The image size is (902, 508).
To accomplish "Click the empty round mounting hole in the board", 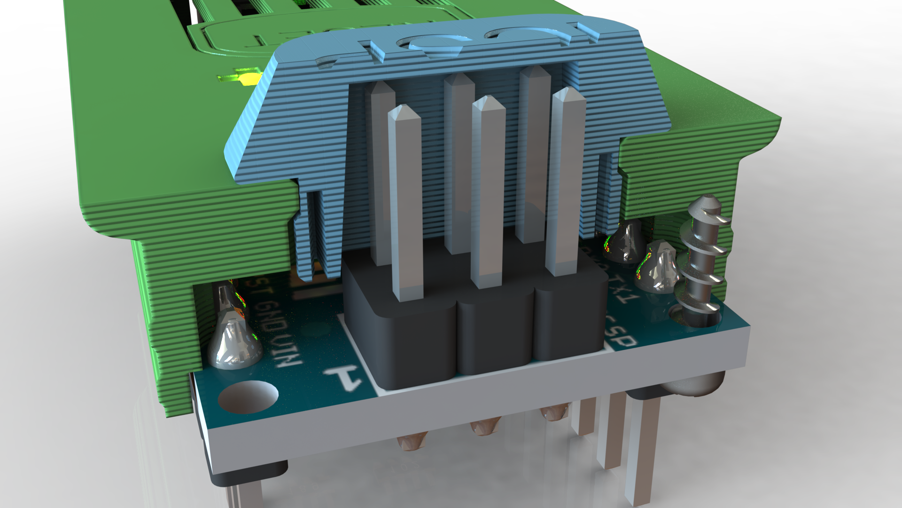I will (x=248, y=396).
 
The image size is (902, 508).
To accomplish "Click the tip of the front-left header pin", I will (x=402, y=113).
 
